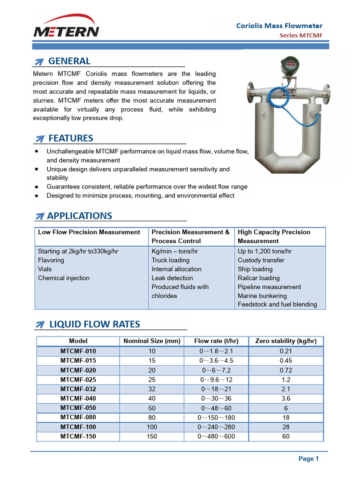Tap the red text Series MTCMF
tap(301, 36)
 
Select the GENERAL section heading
tap(69, 61)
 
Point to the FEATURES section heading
tap(71, 138)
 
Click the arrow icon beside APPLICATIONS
tap(40, 216)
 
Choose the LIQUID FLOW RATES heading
tap(94, 324)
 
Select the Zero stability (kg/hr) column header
tap(285, 341)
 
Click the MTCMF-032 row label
tap(78, 389)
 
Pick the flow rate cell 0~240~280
tap(216, 427)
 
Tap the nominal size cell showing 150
tap(152, 436)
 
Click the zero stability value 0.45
tap(285, 360)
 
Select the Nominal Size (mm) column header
tap(152, 341)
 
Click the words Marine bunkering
tap(262, 296)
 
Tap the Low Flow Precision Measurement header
tap(89, 232)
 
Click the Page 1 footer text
tap(308, 459)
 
